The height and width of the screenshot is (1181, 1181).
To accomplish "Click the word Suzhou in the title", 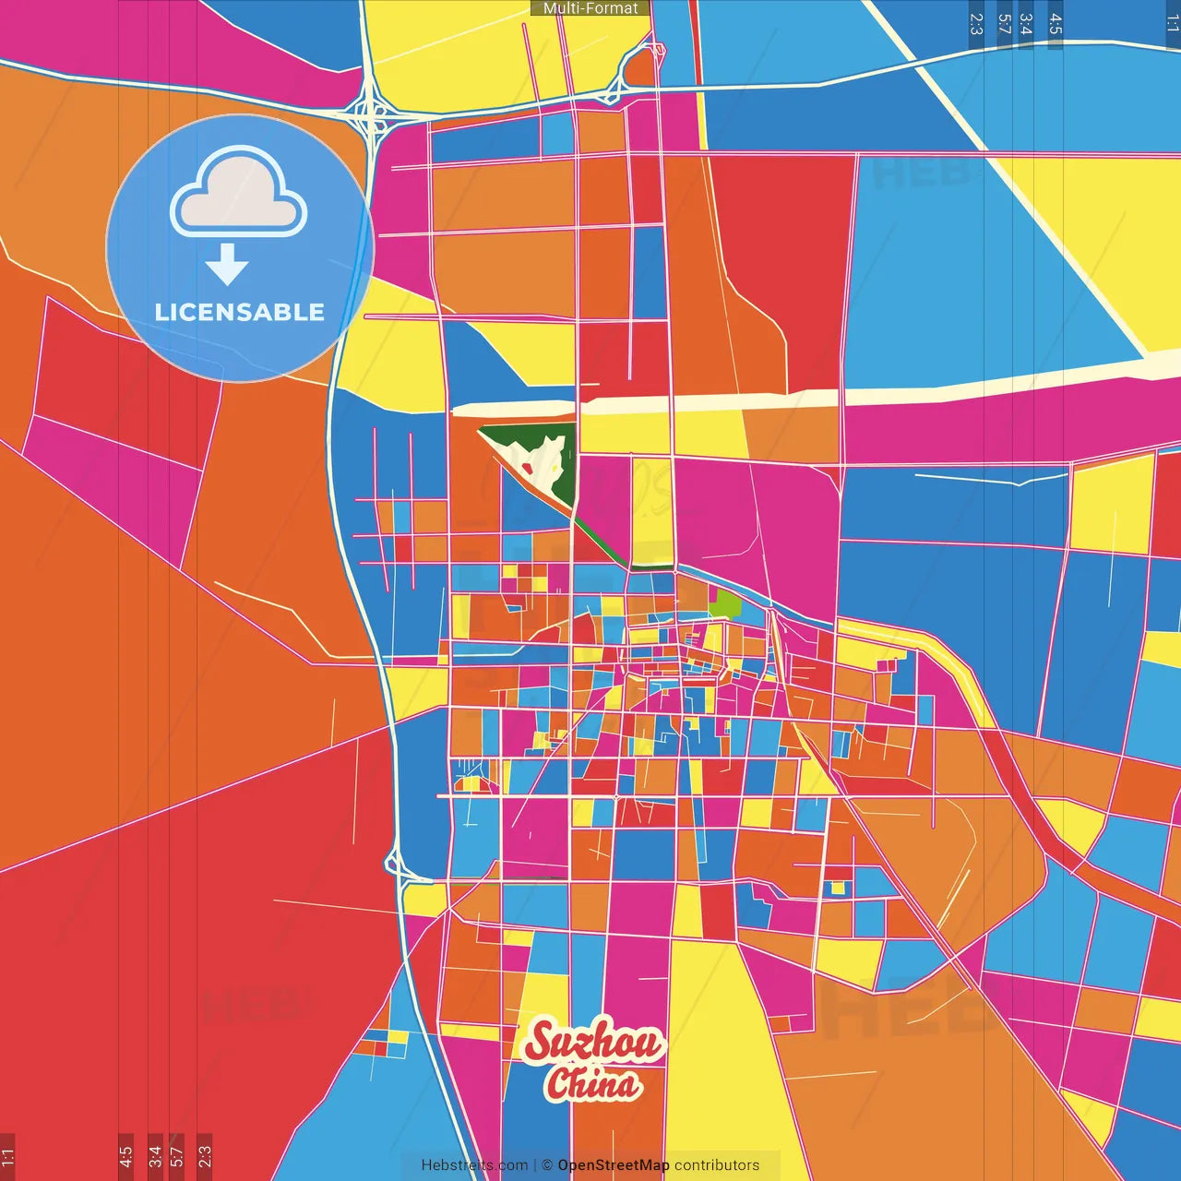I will click(x=593, y=1043).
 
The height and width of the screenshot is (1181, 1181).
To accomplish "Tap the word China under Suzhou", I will click(x=593, y=1083).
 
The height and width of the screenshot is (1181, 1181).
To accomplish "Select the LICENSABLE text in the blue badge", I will click(x=240, y=312).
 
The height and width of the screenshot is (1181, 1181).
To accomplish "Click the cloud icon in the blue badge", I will click(x=239, y=192).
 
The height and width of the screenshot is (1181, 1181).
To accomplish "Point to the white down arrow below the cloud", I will click(x=227, y=265).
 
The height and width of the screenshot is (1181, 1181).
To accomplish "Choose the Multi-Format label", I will click(x=590, y=8).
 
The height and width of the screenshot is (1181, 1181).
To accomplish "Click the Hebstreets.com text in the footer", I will click(x=474, y=1165).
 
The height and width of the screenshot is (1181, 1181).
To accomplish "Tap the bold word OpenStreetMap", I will click(x=614, y=1165).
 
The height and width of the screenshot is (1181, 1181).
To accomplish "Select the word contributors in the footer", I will click(x=717, y=1165).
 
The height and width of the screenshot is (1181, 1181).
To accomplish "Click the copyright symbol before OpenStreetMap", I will click(x=546, y=1165).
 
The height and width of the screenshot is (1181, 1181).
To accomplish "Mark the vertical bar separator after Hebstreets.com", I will click(x=535, y=1165).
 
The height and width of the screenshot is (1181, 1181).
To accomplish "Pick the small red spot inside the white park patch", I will click(x=527, y=468).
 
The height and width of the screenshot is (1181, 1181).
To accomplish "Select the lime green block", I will click(x=726, y=604).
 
